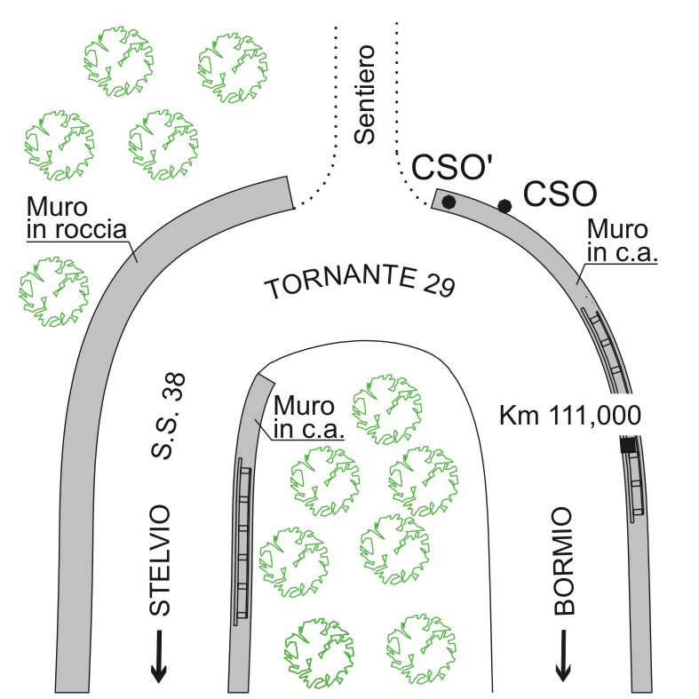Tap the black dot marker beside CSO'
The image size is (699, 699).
[x=449, y=201]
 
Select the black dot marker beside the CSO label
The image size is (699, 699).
[x=504, y=206]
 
